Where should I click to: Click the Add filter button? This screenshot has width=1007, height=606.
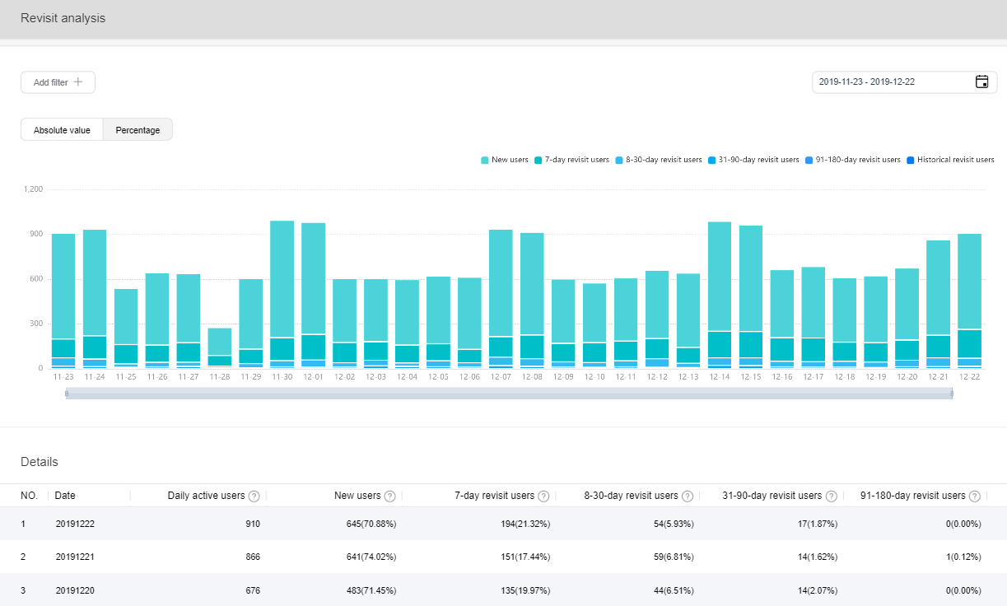point(58,82)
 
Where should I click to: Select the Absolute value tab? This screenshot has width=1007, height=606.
point(62,130)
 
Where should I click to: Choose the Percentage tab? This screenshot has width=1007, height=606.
point(138,130)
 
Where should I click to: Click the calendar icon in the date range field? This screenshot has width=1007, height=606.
point(981,82)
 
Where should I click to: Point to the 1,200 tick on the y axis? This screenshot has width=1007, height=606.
point(33,189)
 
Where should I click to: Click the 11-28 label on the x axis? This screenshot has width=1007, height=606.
point(220,377)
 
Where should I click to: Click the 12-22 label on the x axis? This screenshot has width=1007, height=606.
point(969,377)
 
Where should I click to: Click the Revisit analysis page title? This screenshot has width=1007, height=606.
point(63,18)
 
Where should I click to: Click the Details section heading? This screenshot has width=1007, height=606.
point(40,462)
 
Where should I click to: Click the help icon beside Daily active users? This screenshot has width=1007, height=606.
point(254,496)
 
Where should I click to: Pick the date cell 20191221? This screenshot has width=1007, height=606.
point(76,557)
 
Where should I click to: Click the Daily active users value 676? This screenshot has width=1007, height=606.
point(251,590)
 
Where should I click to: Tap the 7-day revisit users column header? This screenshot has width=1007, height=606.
point(494,496)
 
